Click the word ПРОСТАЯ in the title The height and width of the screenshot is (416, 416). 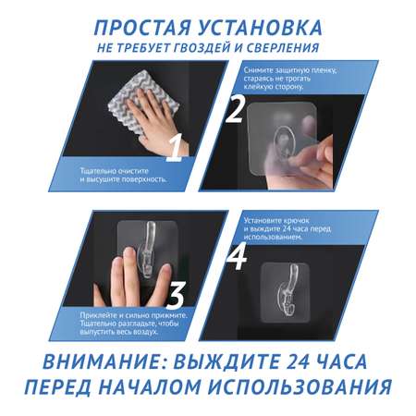(142, 28)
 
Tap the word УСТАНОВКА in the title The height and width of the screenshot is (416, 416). (260, 28)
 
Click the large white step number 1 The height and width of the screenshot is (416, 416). (175, 147)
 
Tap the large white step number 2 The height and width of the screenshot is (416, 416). (236, 109)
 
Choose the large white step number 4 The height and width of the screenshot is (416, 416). (237, 256)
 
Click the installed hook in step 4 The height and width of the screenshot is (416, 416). (286, 291)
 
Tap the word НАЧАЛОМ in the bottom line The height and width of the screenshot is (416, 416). (150, 386)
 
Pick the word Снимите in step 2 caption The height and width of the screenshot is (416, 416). (258, 70)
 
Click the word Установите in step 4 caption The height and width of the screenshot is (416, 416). (262, 221)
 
